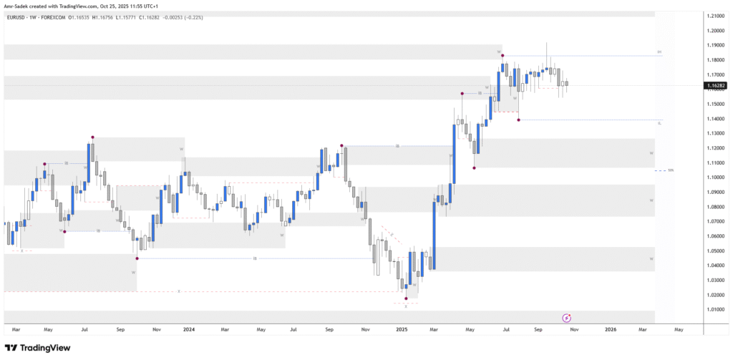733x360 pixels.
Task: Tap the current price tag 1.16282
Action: (714, 86)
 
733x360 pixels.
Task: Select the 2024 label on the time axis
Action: (189, 330)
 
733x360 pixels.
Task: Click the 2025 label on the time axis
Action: (402, 330)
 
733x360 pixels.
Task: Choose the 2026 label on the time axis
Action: (610, 330)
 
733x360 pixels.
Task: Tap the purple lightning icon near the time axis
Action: (566, 318)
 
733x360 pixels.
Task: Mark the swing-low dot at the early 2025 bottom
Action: (406, 298)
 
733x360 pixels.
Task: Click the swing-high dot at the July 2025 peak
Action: (503, 55)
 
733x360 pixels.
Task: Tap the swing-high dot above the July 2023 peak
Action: (92, 137)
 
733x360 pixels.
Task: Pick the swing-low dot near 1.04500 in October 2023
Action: (137, 258)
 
